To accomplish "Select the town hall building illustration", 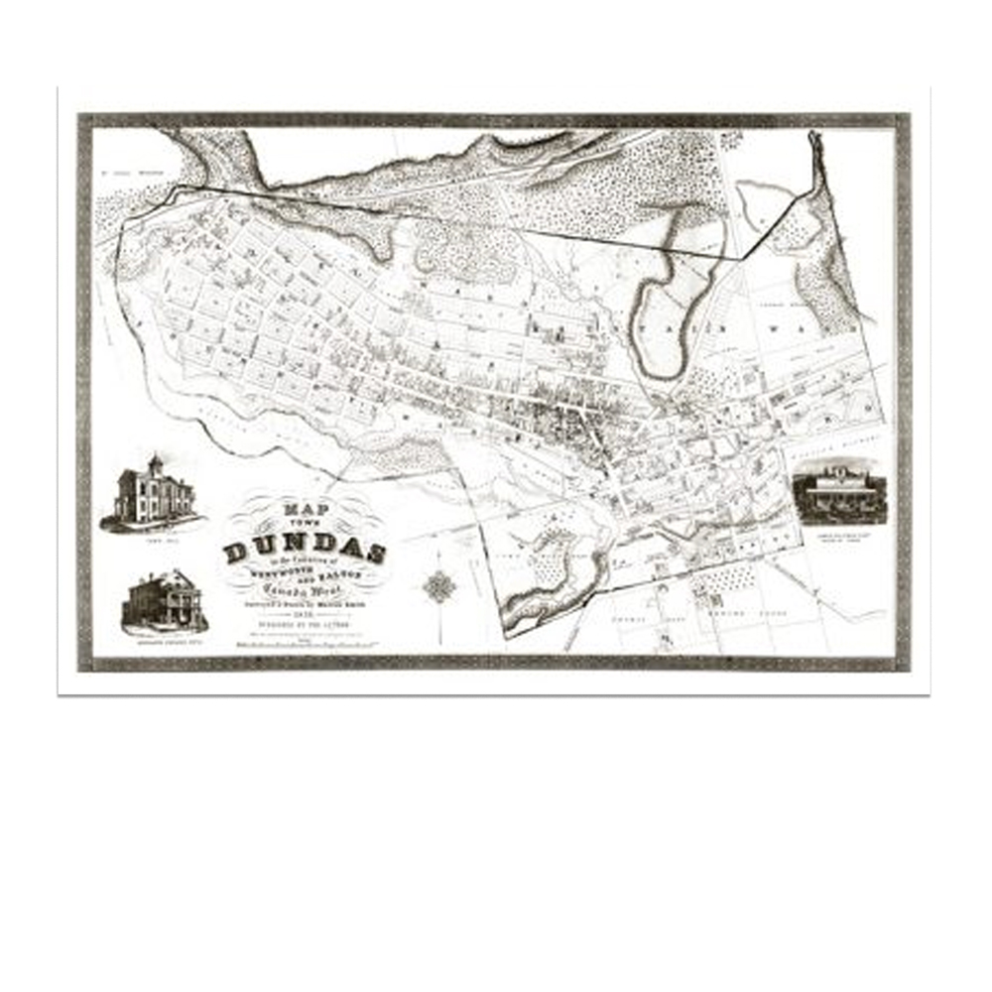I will click(151, 493).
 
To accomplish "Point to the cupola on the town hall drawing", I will click(155, 462).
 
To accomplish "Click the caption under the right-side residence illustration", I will click(839, 533).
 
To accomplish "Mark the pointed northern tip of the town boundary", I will click(813, 135).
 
